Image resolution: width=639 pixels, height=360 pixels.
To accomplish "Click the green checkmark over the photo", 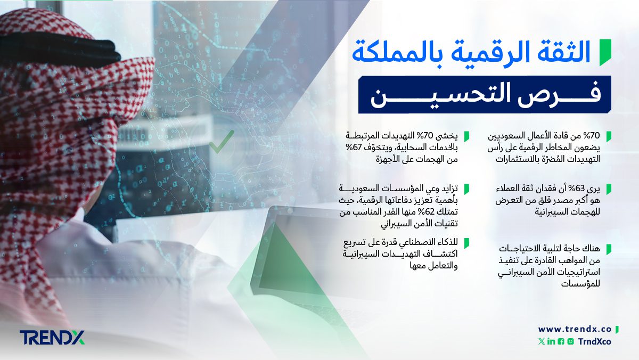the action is click(222, 142).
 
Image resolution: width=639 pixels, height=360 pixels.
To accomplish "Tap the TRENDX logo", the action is click(52, 338).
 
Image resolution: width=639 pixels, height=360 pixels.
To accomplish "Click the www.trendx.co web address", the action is click(575, 329).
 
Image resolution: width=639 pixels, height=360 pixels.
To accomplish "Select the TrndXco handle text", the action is click(594, 341).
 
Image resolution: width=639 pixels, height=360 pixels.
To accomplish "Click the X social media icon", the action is click(542, 341).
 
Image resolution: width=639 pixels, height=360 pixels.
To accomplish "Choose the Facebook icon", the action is click(561, 341).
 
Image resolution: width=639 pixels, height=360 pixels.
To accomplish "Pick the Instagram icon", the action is click(570, 341).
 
